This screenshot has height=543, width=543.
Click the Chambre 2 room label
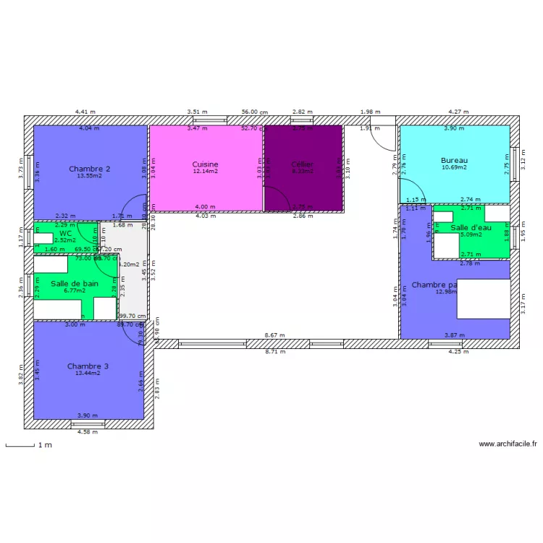(89, 169)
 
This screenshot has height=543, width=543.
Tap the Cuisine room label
(205, 164)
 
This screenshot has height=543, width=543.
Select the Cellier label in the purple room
(302, 164)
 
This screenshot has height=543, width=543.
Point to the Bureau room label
(454, 160)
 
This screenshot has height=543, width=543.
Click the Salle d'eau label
(471, 227)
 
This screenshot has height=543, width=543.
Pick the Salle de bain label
(75, 284)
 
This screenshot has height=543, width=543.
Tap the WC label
(66, 233)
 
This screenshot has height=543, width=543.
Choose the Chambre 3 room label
(88, 366)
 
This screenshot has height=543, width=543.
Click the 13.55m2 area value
(89, 176)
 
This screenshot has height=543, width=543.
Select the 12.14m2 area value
(205, 172)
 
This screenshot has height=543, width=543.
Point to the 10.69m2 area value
(454, 167)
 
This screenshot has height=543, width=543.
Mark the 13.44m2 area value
(88, 374)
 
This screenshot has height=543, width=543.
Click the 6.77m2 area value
(75, 291)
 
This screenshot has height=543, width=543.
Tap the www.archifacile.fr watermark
(507, 445)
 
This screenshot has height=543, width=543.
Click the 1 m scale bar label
(45, 445)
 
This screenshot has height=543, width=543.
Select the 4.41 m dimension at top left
(85, 112)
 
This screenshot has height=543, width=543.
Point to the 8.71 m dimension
(274, 351)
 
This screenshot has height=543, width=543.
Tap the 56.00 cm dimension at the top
(254, 112)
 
